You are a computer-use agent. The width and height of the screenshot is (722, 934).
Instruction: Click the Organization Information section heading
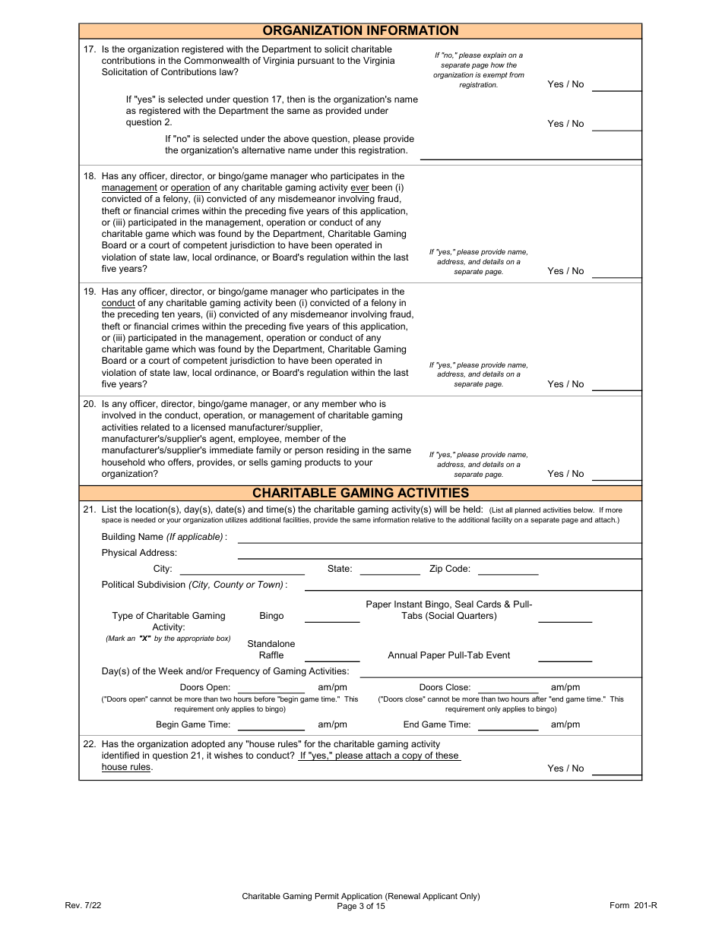[x=360, y=30]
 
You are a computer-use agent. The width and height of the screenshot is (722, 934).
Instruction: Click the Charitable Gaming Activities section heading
[x=360, y=493]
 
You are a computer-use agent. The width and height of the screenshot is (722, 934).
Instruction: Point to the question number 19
[x=89, y=292]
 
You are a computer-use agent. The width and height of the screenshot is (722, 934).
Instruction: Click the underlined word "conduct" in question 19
[x=118, y=303]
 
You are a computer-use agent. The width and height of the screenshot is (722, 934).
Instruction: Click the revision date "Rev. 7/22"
[x=83, y=905]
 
